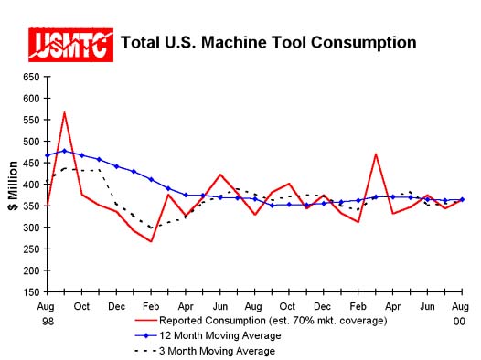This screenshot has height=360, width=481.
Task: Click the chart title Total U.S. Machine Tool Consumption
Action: [269, 42]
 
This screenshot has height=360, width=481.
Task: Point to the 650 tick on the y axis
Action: [31, 77]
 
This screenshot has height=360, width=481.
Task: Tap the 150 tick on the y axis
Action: [31, 292]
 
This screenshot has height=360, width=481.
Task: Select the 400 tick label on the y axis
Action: [31, 185]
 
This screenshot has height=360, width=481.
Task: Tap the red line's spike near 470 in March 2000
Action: [376, 154]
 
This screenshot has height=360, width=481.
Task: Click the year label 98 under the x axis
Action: [47, 321]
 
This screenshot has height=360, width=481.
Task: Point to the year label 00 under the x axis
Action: [459, 321]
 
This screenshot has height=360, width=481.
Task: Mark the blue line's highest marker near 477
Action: [64, 151]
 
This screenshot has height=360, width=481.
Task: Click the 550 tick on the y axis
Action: [31, 120]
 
